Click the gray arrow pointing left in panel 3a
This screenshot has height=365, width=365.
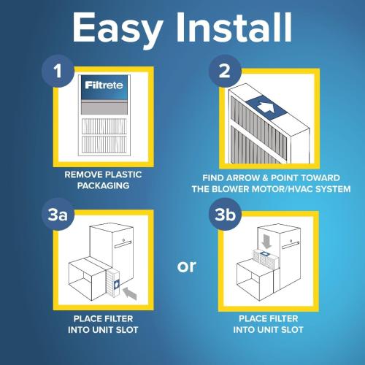[131, 293]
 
